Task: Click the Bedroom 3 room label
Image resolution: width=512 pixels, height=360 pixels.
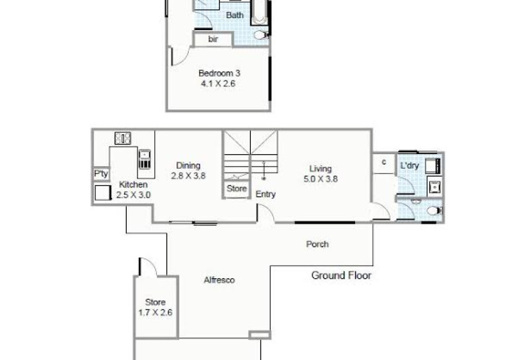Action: point(219,73)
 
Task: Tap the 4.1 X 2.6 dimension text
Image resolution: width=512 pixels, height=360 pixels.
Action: point(218,84)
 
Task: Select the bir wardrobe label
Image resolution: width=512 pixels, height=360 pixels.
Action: point(213,39)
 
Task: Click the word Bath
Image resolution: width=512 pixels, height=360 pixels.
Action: point(235,15)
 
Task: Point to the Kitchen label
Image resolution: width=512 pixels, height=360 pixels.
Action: point(133,184)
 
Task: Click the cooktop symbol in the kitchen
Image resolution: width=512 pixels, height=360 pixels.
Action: point(123,138)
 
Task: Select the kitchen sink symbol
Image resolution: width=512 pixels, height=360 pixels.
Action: point(145,159)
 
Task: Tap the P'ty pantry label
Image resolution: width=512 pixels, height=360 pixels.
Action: point(101,174)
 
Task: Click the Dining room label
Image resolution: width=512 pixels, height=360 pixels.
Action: point(188,166)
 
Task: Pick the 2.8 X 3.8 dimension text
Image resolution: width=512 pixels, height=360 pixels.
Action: point(188,176)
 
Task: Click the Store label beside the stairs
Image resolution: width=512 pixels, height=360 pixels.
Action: point(237,189)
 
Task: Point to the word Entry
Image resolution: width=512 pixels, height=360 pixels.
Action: point(266,194)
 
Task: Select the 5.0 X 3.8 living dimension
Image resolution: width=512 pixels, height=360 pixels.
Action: point(321,179)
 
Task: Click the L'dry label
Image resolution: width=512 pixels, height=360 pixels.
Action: point(410,166)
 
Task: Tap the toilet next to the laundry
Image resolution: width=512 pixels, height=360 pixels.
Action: point(435,210)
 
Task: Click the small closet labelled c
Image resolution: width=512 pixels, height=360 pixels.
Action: point(384,162)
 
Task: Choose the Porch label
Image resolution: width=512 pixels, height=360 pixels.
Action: point(317,244)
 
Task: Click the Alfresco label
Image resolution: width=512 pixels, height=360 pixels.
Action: point(219,280)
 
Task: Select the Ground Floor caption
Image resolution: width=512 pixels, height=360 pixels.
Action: point(341,276)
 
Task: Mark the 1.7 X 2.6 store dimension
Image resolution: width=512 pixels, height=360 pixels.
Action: point(156,313)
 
